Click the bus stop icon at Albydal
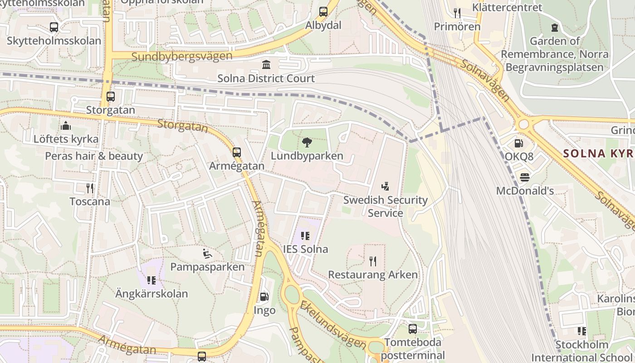click(x=323, y=12)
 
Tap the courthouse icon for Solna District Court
click(x=266, y=64)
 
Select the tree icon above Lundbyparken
click(x=307, y=142)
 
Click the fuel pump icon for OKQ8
click(x=518, y=143)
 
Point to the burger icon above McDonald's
click(x=525, y=177)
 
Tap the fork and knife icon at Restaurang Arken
click(x=372, y=261)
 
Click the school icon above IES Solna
click(x=305, y=235)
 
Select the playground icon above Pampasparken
click(x=207, y=253)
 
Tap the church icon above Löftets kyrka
click(x=65, y=125)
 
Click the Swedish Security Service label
click(x=385, y=206)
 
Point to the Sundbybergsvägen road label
click(x=182, y=56)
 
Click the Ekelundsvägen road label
click(x=332, y=324)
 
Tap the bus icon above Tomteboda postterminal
click(x=412, y=329)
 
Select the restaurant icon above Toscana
click(x=90, y=188)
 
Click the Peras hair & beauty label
click(x=94, y=156)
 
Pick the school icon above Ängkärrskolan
click(x=151, y=280)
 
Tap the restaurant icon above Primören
click(x=457, y=13)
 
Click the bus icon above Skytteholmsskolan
click(x=54, y=27)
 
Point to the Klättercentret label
click(x=507, y=7)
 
